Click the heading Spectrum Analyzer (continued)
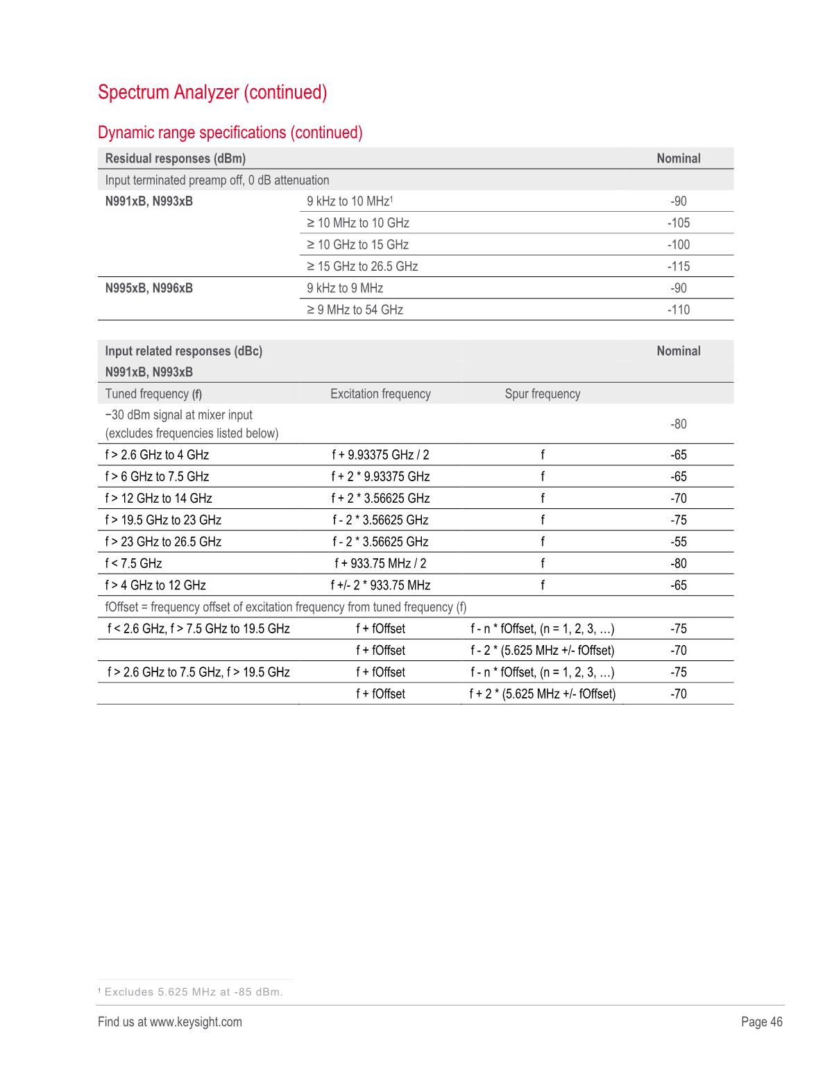tap(212, 92)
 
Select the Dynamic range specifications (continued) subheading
tap(230, 133)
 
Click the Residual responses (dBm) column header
tap(176, 158)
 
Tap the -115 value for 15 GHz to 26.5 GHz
tap(678, 267)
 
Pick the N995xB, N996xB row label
tap(149, 288)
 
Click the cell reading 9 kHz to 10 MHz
tap(350, 201)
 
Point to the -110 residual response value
tap(678, 310)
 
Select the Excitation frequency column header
tap(380, 394)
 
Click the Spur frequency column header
tap(542, 394)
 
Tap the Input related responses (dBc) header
tap(184, 351)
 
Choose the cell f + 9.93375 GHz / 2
tap(380, 455)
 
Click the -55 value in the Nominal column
tap(678, 542)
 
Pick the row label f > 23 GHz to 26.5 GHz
tap(163, 542)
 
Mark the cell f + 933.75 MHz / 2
tap(380, 563)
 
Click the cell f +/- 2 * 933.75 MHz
tap(380, 585)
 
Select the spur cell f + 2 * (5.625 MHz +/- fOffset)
tap(542, 694)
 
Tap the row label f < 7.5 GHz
tap(133, 563)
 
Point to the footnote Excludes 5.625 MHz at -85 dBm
tap(193, 992)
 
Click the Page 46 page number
tap(761, 1021)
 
